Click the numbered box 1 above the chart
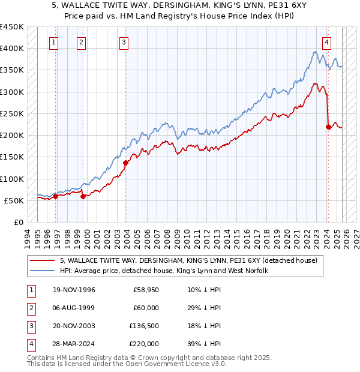tap(55, 42)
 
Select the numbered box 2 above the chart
tap(81, 42)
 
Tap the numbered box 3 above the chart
tap(123, 42)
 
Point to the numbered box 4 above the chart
tap(326, 42)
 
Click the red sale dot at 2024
tap(328, 127)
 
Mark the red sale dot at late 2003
tap(126, 163)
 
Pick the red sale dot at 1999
tap(83, 196)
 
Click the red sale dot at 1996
tap(56, 196)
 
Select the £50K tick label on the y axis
tap(14, 200)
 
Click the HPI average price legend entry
tap(163, 271)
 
